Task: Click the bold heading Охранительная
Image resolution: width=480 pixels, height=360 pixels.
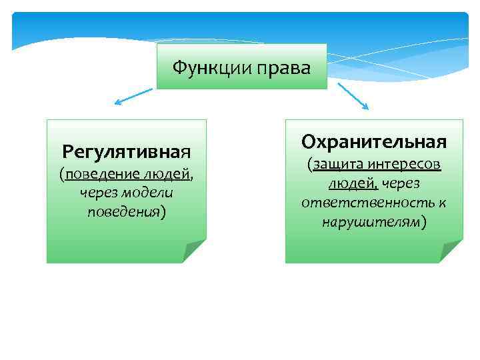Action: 373,141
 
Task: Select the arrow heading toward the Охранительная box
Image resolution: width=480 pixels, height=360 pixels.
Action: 353,96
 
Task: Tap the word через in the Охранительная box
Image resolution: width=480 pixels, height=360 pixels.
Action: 399,183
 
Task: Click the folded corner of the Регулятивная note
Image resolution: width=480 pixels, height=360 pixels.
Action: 195,252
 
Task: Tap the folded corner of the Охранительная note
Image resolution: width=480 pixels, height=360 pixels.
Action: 451,252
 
